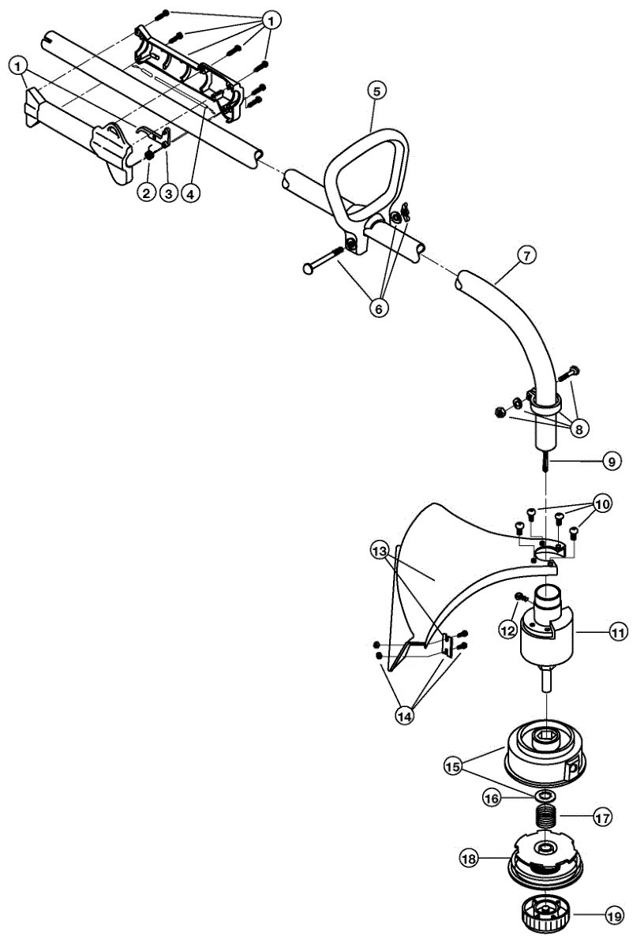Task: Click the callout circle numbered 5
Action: (x=376, y=91)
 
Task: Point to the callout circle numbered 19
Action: (x=613, y=915)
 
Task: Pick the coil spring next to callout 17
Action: (x=543, y=817)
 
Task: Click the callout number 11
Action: (x=618, y=631)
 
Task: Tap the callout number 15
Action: (x=453, y=765)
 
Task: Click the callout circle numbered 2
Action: (x=146, y=191)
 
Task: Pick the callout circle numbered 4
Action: (x=189, y=191)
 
